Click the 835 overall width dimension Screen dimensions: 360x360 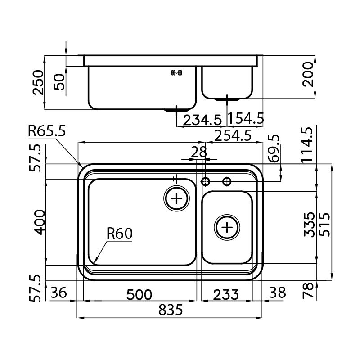click(171, 310)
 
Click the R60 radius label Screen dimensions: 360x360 click(119, 234)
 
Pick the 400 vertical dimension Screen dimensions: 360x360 click(39, 222)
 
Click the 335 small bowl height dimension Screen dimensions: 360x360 click(308, 225)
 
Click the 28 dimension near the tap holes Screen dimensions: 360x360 click(198, 152)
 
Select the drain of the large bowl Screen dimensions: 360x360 click(177, 198)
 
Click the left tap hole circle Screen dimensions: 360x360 click(206, 181)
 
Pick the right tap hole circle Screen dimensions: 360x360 click(227, 181)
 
